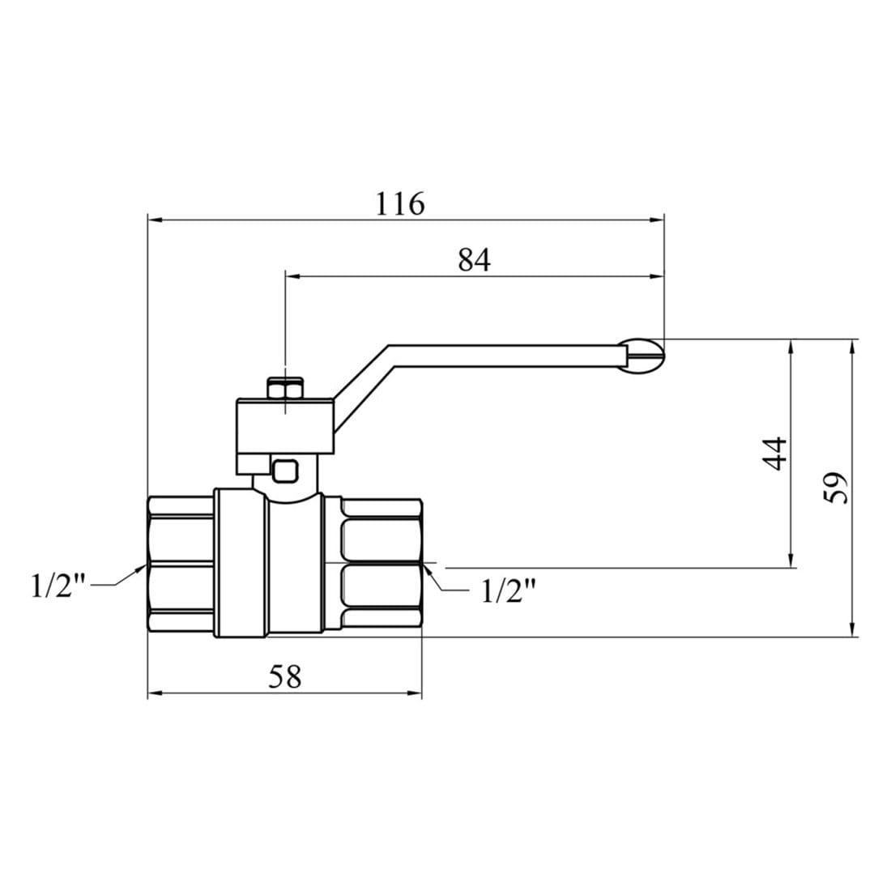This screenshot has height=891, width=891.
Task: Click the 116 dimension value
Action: coord(400,203)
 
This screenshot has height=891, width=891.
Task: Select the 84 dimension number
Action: coord(474,261)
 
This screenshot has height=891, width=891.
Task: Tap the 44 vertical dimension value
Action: coord(774,454)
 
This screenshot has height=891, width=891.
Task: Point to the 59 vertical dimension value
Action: coord(835,488)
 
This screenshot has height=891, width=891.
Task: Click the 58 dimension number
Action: coord(284,677)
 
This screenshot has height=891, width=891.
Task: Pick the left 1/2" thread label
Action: coord(58,586)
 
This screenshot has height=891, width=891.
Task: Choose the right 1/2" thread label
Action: coord(509,591)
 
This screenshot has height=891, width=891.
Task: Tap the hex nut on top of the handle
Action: coord(285,389)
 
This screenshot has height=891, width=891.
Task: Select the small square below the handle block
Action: coord(284,471)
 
